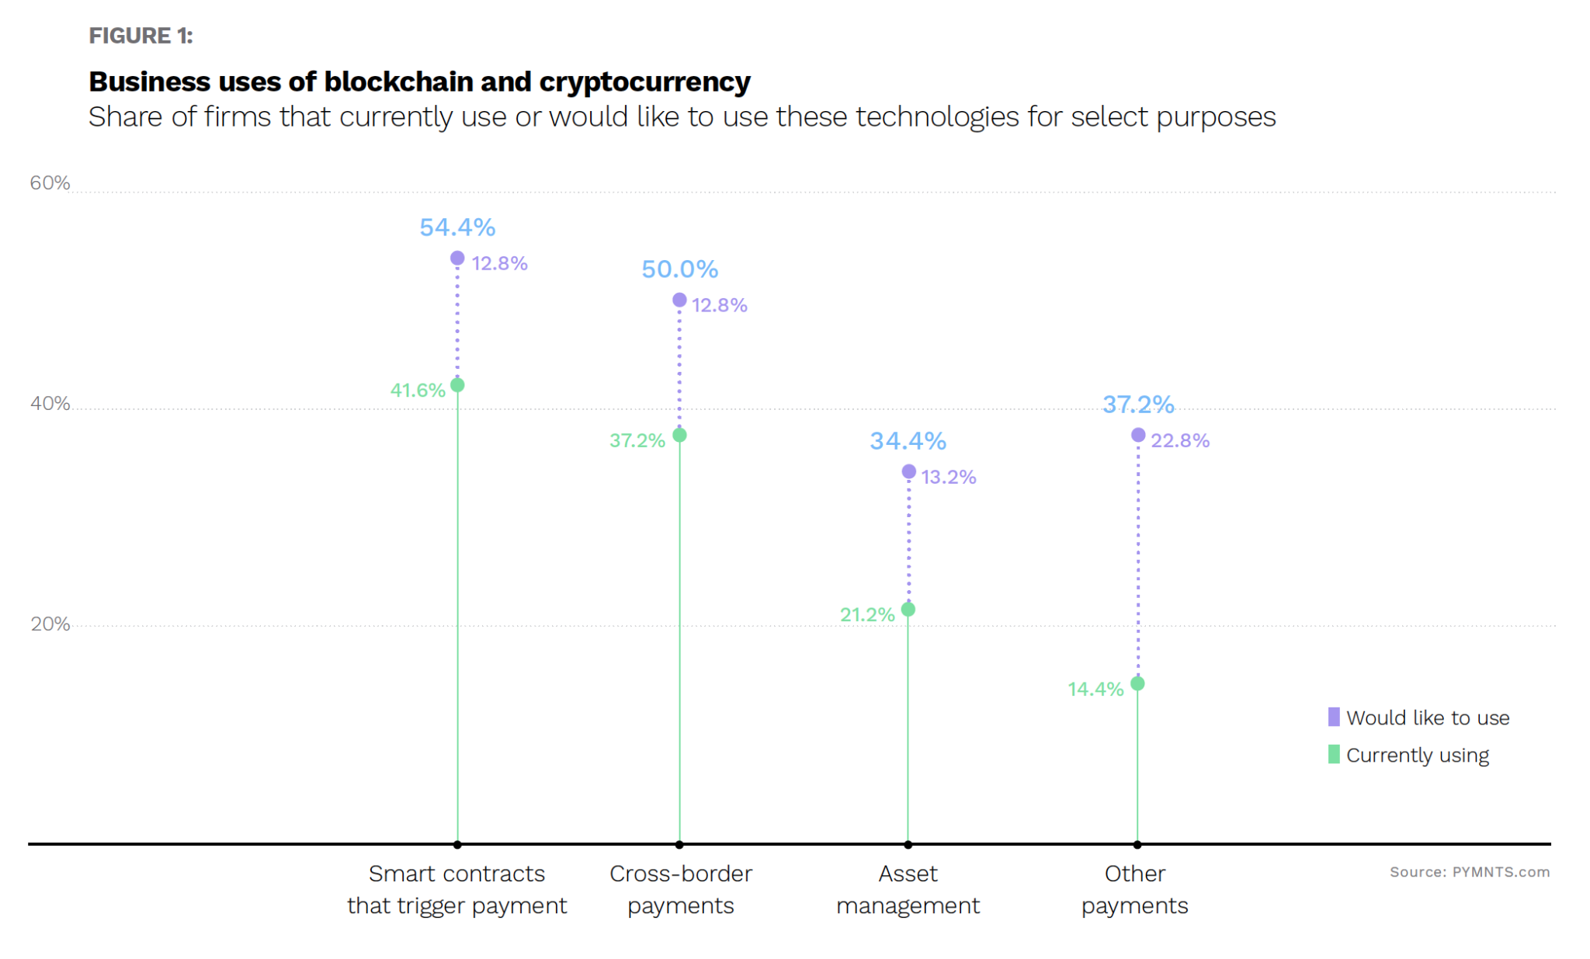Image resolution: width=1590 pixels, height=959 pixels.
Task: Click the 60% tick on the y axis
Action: pyautogui.click(x=50, y=183)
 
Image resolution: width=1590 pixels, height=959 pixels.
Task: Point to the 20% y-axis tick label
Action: pyautogui.click(x=50, y=624)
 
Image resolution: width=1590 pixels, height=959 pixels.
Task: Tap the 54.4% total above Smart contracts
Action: pyautogui.click(x=457, y=228)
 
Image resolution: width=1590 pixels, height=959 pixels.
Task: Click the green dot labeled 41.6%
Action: pyautogui.click(x=457, y=385)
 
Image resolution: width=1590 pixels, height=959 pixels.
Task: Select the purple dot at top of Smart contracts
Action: pyautogui.click(x=457, y=258)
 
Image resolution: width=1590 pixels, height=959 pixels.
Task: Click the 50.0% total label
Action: pyautogui.click(x=679, y=269)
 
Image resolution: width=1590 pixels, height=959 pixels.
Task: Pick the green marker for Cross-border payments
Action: pyautogui.click(x=679, y=435)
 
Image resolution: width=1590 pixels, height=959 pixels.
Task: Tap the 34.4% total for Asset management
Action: pyautogui.click(x=908, y=441)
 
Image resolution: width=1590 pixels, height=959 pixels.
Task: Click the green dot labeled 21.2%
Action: pyautogui.click(x=908, y=610)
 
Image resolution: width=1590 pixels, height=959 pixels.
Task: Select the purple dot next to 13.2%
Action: pyautogui.click(x=909, y=471)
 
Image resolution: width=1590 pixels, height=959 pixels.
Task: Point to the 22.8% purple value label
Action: pyautogui.click(x=1180, y=440)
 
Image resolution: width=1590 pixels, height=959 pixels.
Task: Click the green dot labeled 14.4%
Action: pyautogui.click(x=1137, y=683)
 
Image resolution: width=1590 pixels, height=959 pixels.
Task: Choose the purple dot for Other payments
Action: pyautogui.click(x=1138, y=435)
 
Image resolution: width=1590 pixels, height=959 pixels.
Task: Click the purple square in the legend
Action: pyautogui.click(x=1334, y=717)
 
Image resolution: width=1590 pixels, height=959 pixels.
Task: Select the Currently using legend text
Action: pyautogui.click(x=1418, y=756)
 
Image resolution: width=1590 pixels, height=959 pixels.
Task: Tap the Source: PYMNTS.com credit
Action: pyautogui.click(x=1470, y=872)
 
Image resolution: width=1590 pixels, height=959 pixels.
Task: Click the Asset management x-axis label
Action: pyautogui.click(x=908, y=890)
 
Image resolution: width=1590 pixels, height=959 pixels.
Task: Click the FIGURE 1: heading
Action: pyautogui.click(x=141, y=36)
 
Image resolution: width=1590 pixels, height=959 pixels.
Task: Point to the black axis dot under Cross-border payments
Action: pyautogui.click(x=679, y=844)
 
